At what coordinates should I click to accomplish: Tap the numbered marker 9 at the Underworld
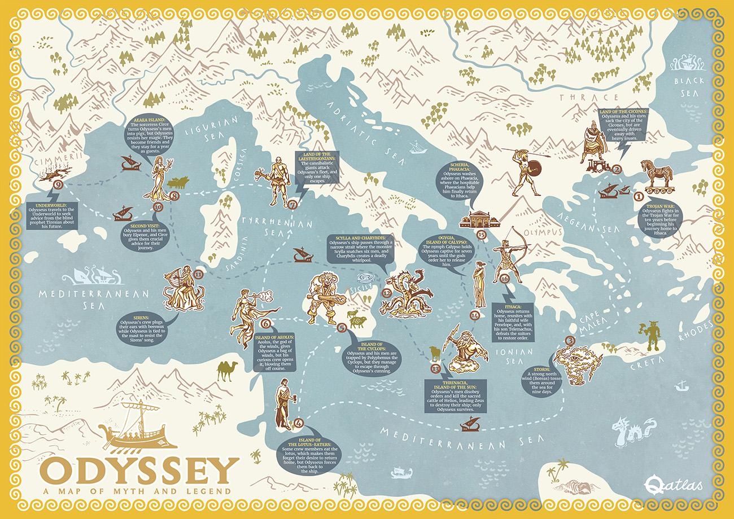pos(55,185)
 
